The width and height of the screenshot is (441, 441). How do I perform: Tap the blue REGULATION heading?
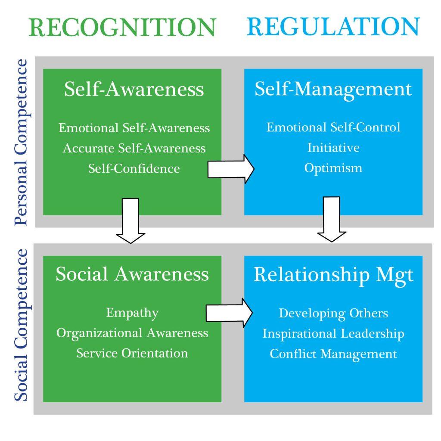(x=333, y=27)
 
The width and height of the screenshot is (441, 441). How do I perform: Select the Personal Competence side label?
(x=20, y=143)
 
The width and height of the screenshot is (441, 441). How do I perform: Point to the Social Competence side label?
(x=20, y=325)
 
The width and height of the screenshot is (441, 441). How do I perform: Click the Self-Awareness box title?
(x=134, y=90)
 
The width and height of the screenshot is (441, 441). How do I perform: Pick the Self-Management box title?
(x=333, y=90)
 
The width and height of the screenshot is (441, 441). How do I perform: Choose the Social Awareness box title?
(x=132, y=274)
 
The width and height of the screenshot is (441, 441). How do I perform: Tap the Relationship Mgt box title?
(x=333, y=275)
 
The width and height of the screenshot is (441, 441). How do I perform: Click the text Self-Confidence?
(x=134, y=168)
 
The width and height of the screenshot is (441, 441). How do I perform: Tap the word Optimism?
(x=333, y=168)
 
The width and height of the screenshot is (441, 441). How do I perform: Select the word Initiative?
(x=333, y=148)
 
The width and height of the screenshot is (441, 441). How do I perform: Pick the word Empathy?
(x=132, y=313)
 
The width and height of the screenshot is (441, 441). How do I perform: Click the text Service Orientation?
(x=132, y=353)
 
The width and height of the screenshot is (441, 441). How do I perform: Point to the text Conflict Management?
(x=333, y=354)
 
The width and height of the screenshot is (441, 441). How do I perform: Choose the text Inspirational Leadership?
(x=333, y=334)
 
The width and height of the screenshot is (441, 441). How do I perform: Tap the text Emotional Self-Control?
(x=333, y=127)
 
